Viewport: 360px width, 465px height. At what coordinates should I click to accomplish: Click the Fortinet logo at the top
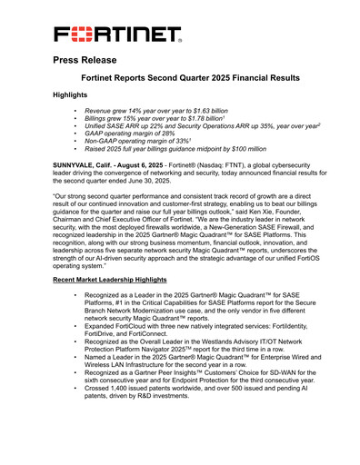click(x=117, y=35)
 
